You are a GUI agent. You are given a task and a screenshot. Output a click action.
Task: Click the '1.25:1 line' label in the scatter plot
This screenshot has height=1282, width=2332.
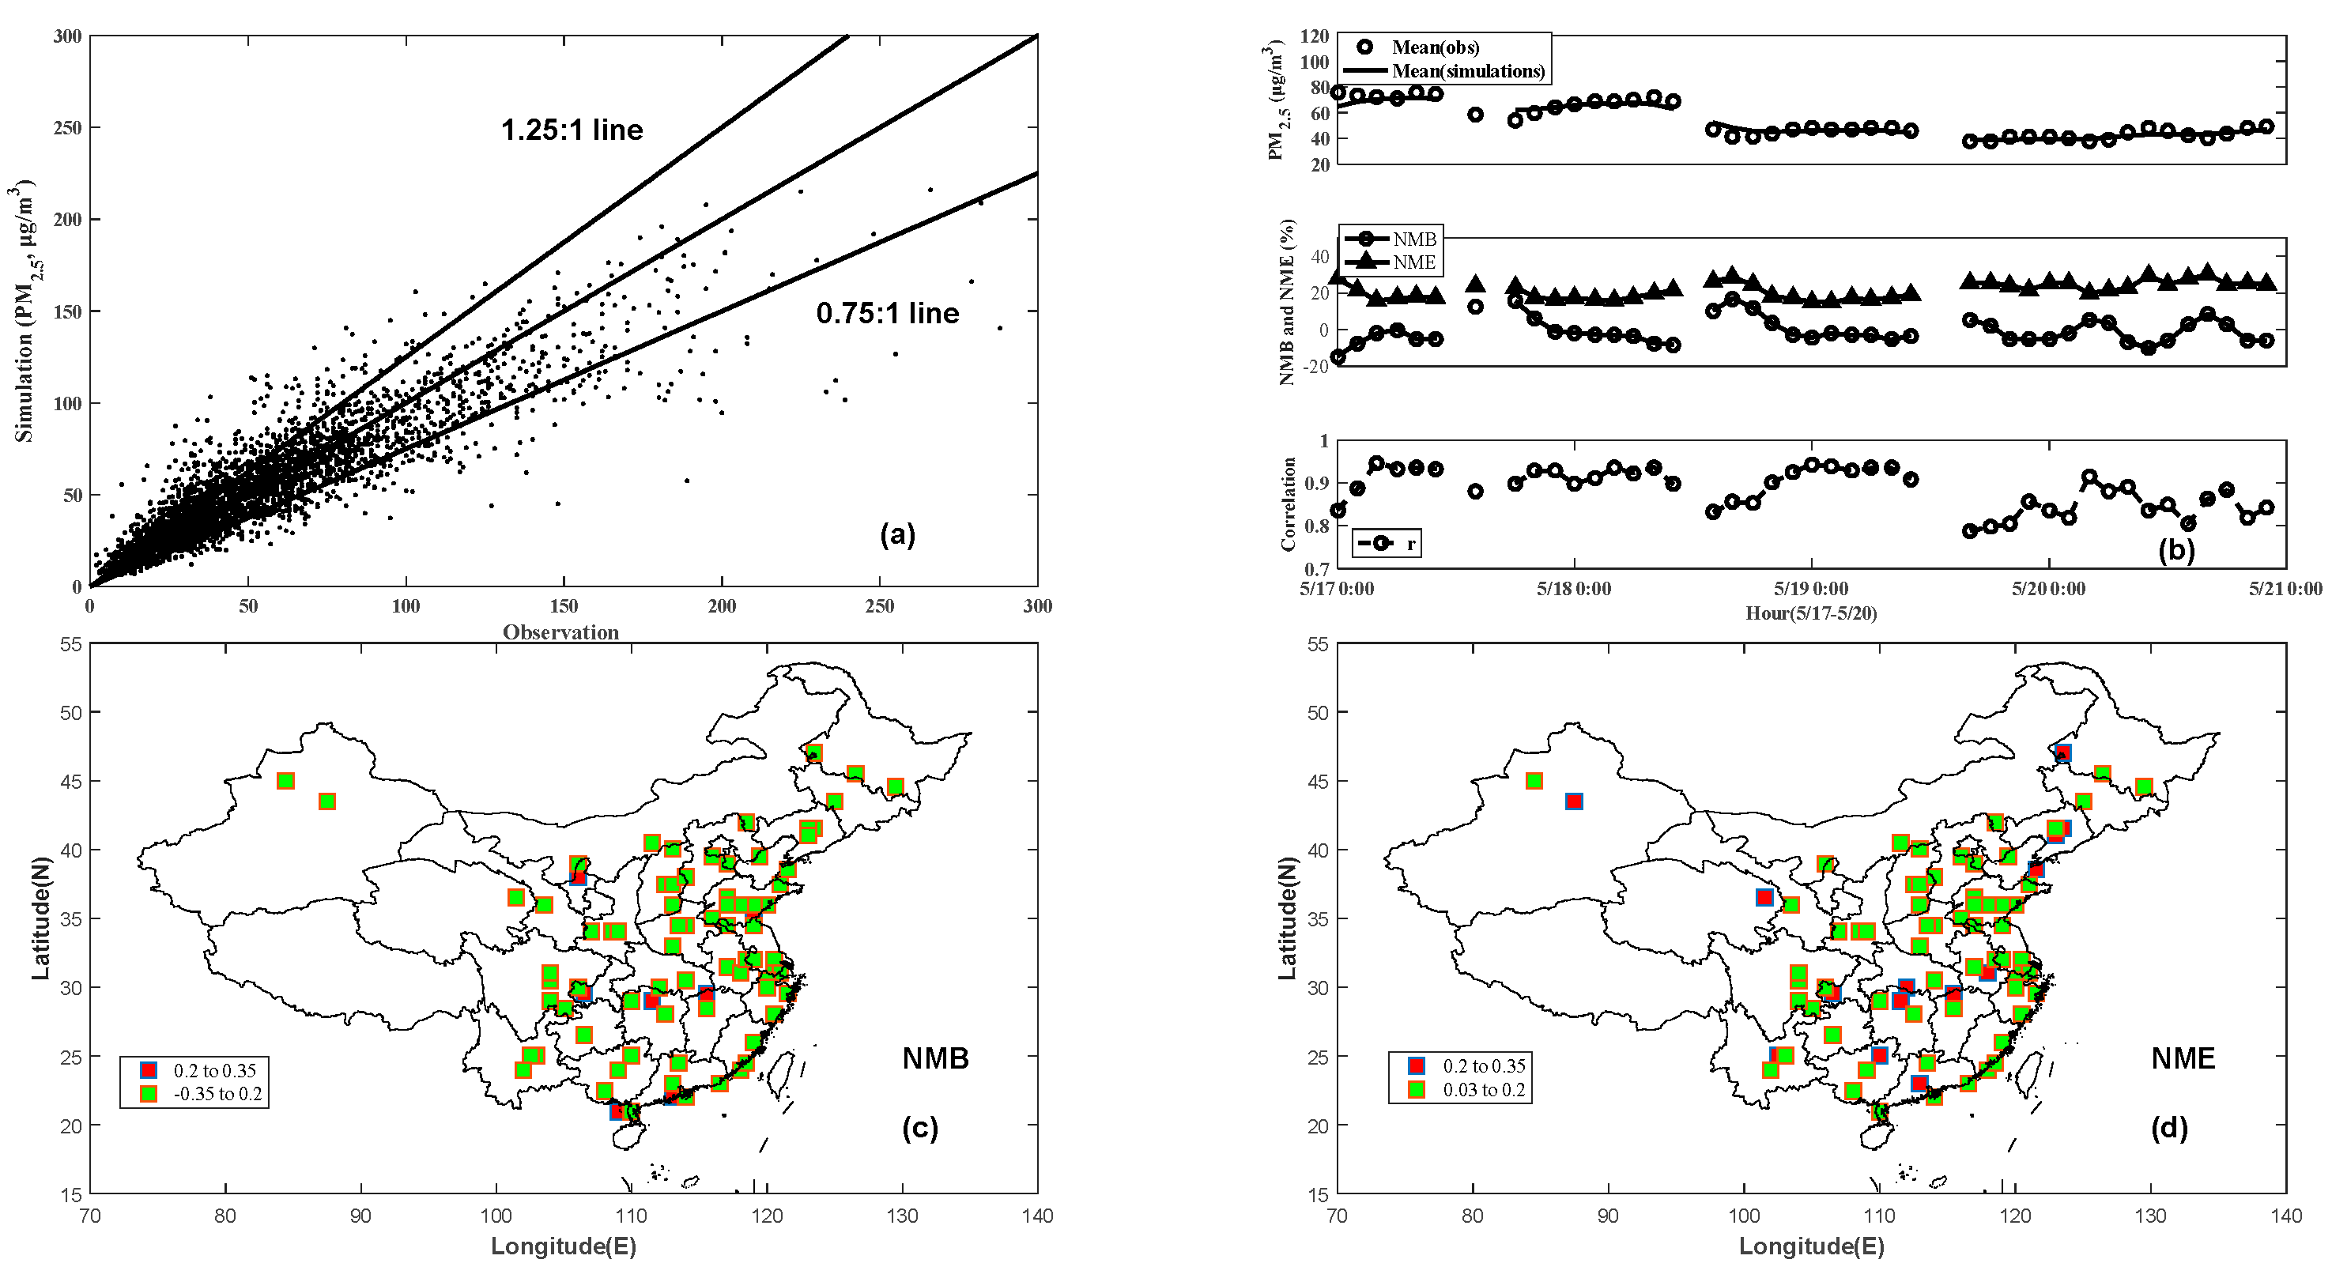572,130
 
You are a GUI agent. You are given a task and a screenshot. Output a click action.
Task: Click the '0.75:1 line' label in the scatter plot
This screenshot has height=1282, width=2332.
887,313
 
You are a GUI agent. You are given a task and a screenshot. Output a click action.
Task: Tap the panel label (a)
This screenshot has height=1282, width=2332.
897,535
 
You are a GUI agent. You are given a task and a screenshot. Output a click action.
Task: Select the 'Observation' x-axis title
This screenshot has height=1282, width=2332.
560,632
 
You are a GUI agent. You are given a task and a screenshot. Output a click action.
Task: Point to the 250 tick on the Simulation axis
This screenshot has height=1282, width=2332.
67,128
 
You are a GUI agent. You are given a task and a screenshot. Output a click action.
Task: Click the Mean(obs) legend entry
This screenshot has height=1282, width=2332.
1435,47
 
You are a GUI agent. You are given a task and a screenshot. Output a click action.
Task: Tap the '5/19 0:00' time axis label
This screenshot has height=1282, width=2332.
1810,589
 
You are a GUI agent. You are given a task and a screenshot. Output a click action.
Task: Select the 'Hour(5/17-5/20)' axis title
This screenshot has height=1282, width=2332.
1810,613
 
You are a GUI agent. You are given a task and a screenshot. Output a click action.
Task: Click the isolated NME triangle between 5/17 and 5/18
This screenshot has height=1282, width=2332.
1476,285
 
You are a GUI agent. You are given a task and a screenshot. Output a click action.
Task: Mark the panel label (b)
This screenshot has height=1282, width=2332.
2175,550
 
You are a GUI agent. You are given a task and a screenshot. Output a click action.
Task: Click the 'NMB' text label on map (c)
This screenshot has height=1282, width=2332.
935,1058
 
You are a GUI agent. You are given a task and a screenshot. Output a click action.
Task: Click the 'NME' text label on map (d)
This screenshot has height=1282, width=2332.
2183,1058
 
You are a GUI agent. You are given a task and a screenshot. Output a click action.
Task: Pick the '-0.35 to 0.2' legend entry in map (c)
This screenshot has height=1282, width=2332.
217,1094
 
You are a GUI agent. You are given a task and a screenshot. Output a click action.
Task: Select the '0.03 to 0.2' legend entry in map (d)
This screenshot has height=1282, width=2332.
1483,1090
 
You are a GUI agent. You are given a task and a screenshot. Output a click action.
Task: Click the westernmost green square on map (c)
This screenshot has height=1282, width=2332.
285,780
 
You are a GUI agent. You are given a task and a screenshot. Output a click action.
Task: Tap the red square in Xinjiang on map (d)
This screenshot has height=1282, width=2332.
1574,801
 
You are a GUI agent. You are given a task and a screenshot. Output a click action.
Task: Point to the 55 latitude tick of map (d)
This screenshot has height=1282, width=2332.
1318,645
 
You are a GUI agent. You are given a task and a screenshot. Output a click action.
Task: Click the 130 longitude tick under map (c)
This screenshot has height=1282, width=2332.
902,1216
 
